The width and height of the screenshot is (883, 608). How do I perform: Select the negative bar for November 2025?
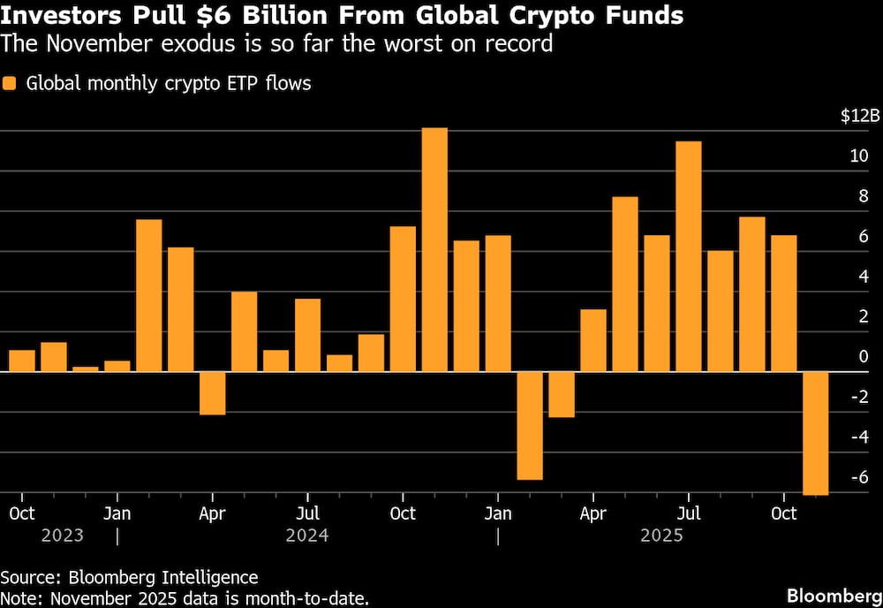click(x=815, y=433)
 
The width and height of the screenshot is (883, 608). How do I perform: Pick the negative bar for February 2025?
click(x=530, y=425)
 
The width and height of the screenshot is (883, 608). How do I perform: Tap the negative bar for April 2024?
click(x=212, y=393)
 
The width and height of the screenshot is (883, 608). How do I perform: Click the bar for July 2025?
click(x=689, y=256)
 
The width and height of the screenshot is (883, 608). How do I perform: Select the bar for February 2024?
click(x=148, y=295)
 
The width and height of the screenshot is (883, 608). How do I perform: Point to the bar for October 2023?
click(x=22, y=361)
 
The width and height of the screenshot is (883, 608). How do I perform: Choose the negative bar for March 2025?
click(x=562, y=394)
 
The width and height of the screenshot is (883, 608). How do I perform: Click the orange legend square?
click(x=10, y=85)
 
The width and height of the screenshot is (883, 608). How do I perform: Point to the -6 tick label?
click(x=857, y=477)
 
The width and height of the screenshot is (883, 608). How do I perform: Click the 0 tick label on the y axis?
click(x=863, y=357)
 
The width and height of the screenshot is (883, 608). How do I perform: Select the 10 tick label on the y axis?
click(x=858, y=156)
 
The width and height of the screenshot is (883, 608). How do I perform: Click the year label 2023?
click(x=63, y=536)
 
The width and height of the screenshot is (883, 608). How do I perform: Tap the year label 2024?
click(x=307, y=536)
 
